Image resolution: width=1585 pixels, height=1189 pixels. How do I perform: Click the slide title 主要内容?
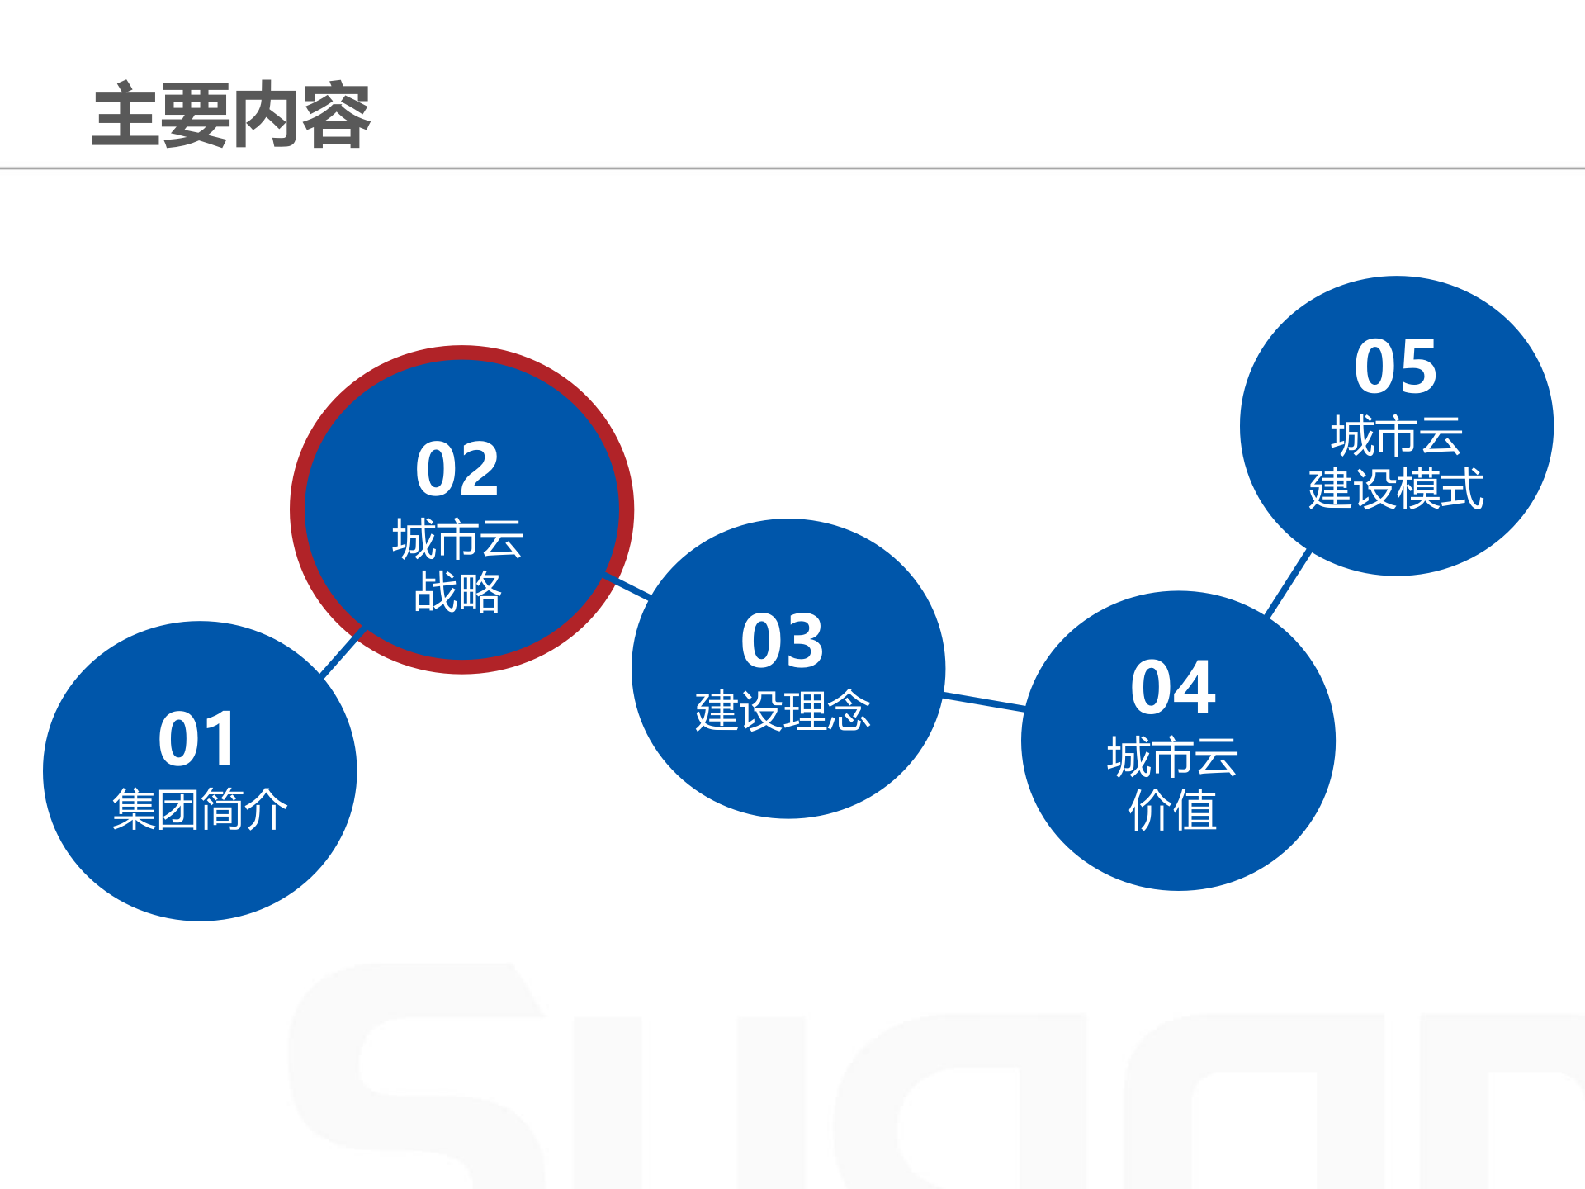tap(231, 116)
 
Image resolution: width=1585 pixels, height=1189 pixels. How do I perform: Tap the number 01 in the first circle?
tap(198, 739)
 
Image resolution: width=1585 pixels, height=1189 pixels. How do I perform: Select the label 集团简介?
tap(200, 808)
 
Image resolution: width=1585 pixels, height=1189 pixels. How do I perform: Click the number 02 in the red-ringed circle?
tap(457, 469)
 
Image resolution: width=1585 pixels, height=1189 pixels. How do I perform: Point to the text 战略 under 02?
tap(457, 592)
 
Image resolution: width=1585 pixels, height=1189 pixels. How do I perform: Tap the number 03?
tap(783, 641)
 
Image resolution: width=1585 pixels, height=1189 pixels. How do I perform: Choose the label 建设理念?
tap(783, 711)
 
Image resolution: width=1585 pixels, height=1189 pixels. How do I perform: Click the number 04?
tap(1173, 687)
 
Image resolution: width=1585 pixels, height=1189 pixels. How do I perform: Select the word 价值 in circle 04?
tap(1173, 810)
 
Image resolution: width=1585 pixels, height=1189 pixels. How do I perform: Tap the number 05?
tap(1396, 367)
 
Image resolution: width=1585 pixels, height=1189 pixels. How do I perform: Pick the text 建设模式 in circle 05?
tap(1396, 489)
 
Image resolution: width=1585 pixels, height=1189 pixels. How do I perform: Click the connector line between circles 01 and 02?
tap(342, 653)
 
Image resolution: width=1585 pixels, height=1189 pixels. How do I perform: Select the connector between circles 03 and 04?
tap(984, 702)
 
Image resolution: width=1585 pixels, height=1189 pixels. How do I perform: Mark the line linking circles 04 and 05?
tap(1289, 583)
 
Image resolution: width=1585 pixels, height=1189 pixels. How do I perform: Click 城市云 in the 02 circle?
tap(457, 539)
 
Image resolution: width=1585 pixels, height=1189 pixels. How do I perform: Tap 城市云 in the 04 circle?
tap(1173, 757)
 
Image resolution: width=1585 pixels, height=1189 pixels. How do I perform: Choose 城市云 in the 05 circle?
tap(1396, 436)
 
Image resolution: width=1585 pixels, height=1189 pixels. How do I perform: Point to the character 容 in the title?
tap(336, 116)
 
